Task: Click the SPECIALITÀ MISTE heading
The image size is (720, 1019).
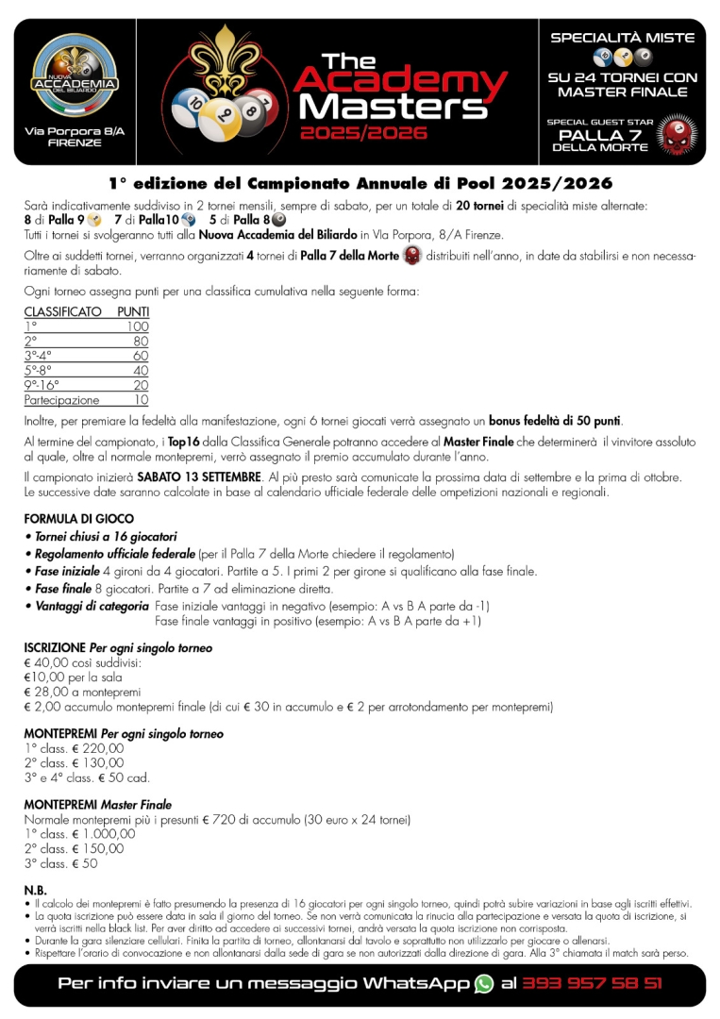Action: (622, 38)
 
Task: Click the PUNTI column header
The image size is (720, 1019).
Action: (132, 311)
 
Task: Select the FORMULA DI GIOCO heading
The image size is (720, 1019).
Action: (78, 519)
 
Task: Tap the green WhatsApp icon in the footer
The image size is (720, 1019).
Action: (484, 983)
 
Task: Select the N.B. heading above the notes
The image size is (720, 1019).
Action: (35, 890)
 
